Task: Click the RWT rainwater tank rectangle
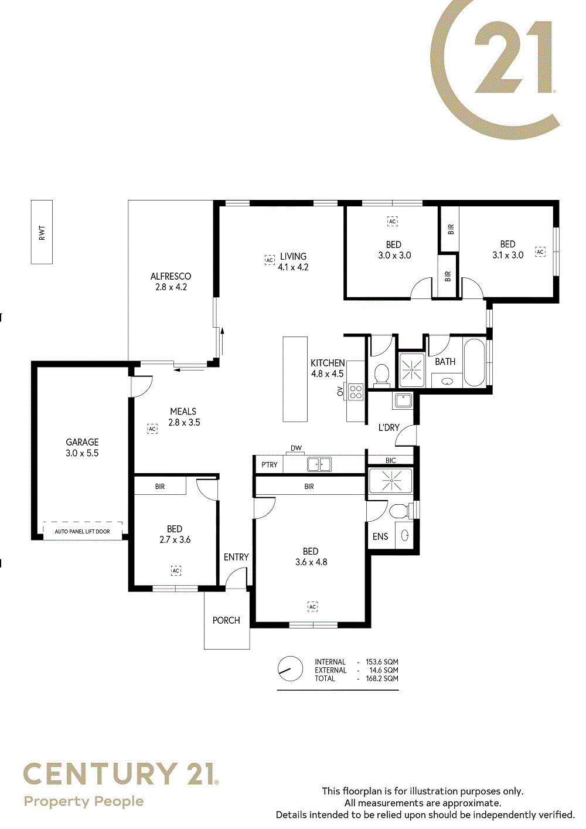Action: point(42,232)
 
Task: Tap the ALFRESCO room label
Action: point(171,276)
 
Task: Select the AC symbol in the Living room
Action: point(270,260)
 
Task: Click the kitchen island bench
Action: point(295,379)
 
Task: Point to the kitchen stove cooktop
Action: point(356,392)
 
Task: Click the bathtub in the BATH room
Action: point(475,362)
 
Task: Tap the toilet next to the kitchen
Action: point(382,375)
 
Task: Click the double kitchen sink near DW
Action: point(319,464)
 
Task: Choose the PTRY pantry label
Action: point(270,464)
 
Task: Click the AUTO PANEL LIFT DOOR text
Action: point(82,531)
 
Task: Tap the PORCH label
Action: point(226,620)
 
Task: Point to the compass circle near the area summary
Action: point(290,669)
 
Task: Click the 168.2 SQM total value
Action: point(382,678)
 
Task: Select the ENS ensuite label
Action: point(380,536)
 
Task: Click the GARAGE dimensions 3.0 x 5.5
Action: point(82,453)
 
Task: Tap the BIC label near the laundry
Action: point(391,460)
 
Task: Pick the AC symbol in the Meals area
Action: point(152,429)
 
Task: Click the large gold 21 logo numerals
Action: point(513,57)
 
